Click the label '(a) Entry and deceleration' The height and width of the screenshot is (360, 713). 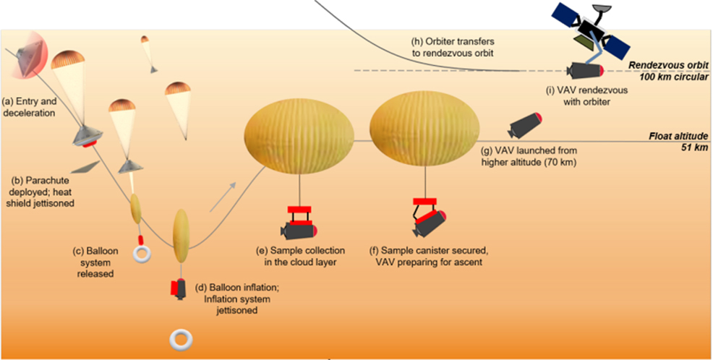[x=32, y=107]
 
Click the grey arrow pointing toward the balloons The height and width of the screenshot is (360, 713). [x=223, y=200]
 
